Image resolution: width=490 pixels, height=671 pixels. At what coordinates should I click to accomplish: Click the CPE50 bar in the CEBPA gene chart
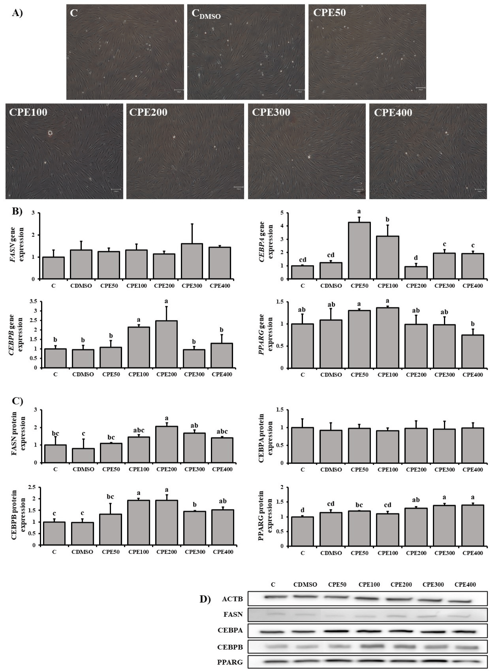pos(359,251)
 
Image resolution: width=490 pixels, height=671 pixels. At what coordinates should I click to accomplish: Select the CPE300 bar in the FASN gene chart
pos(192,261)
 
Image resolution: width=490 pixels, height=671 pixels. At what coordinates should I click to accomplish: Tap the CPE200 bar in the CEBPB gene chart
pos(166,344)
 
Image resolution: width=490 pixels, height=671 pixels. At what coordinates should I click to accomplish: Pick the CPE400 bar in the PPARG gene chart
pos(473,352)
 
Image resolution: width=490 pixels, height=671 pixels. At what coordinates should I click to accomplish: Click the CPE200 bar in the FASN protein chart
pos(167,445)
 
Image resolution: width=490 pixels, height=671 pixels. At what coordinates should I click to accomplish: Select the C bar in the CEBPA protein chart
pos(302,445)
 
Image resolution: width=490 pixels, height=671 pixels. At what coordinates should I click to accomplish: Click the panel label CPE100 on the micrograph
pos(28,112)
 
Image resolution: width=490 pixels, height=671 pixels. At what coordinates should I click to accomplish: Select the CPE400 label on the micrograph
pos(393,113)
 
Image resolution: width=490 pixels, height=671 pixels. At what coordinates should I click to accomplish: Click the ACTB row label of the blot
pos(232,599)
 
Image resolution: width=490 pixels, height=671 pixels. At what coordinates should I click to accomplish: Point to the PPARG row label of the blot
pos(230,662)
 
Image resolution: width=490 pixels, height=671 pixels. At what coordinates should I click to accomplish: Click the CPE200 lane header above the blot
pos(401,585)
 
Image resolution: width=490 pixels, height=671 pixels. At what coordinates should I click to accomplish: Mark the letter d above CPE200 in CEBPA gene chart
pos(416,258)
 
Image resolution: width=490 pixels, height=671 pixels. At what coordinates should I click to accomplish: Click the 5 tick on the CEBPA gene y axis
pos(282,213)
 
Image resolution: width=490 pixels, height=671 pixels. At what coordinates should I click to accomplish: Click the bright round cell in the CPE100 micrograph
pos(50,133)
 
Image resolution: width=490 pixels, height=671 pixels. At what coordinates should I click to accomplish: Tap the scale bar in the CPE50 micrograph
pos(420,88)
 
